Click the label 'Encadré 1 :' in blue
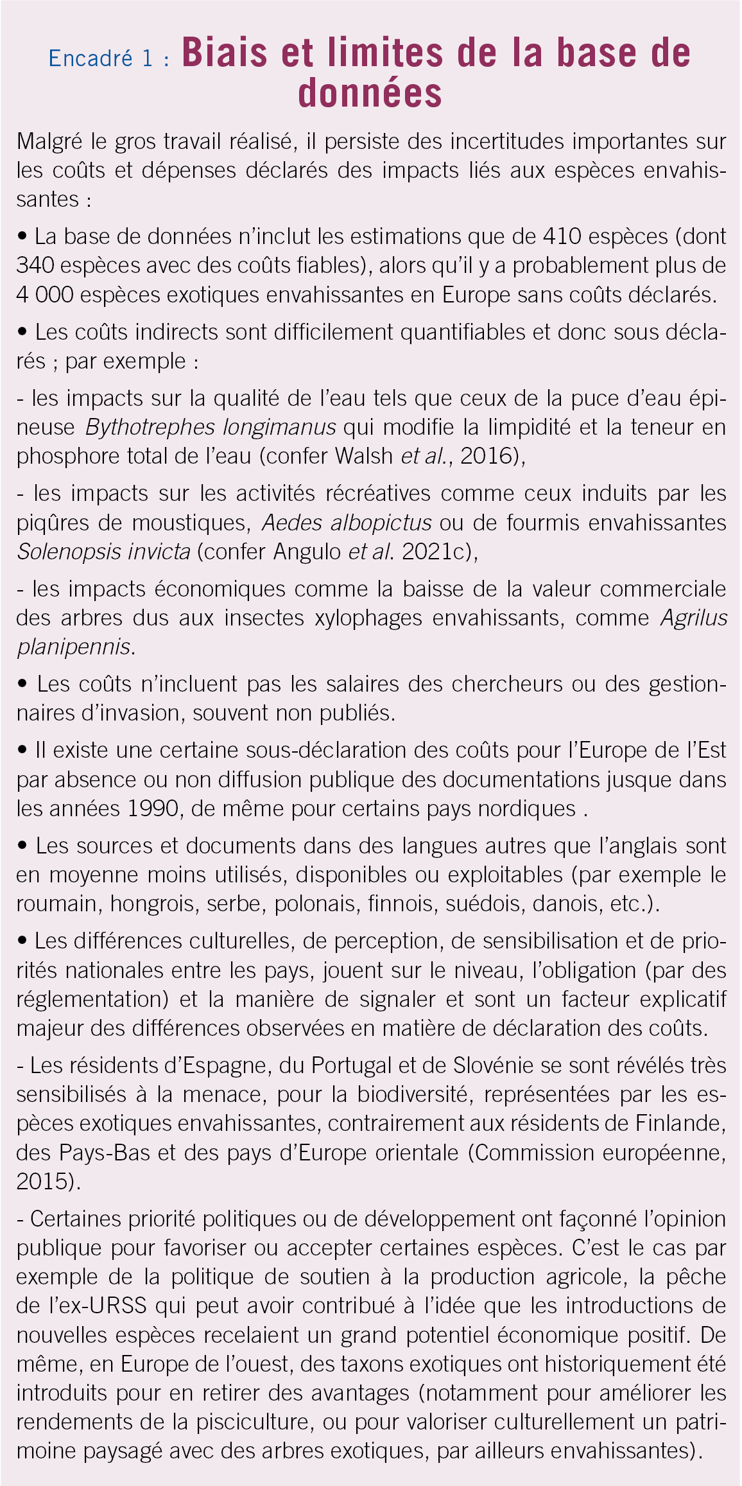(109, 59)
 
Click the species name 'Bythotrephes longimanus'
(210, 427)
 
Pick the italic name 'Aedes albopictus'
(346, 523)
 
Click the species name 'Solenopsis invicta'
(103, 552)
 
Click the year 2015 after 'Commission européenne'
(43, 1182)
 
